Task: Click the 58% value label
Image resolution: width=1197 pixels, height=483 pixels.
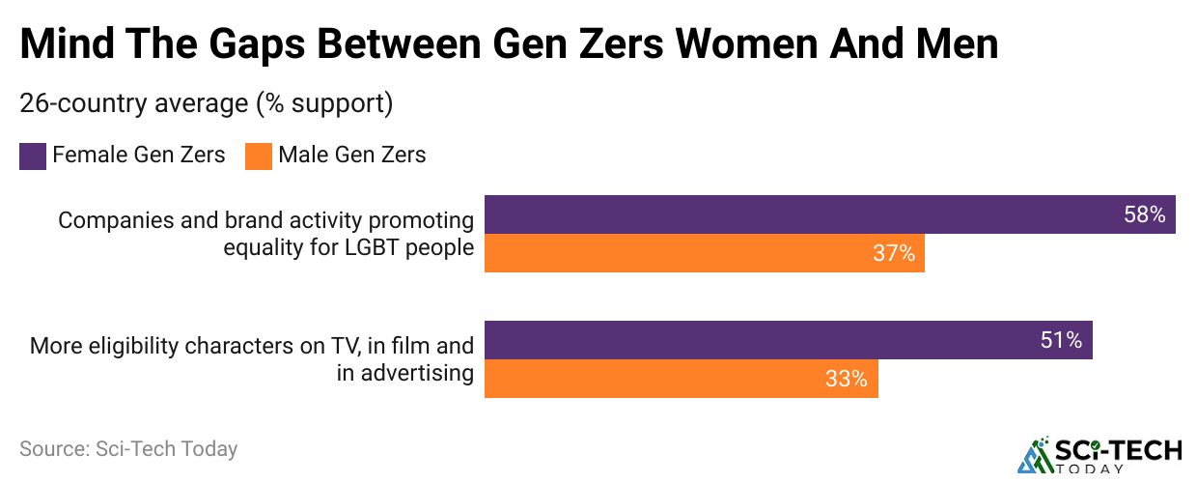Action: [1145, 214]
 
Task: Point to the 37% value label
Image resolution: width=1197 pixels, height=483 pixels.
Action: [894, 253]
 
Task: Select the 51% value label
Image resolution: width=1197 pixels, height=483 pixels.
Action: [1061, 340]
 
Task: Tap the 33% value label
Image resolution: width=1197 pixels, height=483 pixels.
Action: [847, 379]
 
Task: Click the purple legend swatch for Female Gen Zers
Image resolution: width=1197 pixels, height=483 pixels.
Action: [33, 156]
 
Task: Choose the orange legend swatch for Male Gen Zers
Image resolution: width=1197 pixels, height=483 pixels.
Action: [259, 156]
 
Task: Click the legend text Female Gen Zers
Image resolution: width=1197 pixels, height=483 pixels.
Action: [139, 155]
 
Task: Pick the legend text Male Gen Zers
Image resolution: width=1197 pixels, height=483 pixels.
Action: [352, 155]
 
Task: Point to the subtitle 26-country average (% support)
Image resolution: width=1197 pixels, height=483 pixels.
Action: [206, 103]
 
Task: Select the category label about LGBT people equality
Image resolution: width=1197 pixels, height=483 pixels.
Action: [266, 234]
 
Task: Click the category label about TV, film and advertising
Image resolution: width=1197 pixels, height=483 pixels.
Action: [252, 359]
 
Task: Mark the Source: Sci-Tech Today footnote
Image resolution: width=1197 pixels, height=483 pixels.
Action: [128, 449]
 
